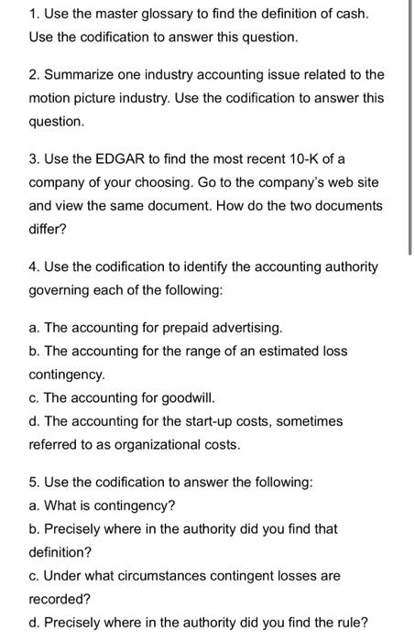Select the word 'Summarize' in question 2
pyautogui.click(x=71, y=74)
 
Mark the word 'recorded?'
pyautogui.click(x=59, y=600)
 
